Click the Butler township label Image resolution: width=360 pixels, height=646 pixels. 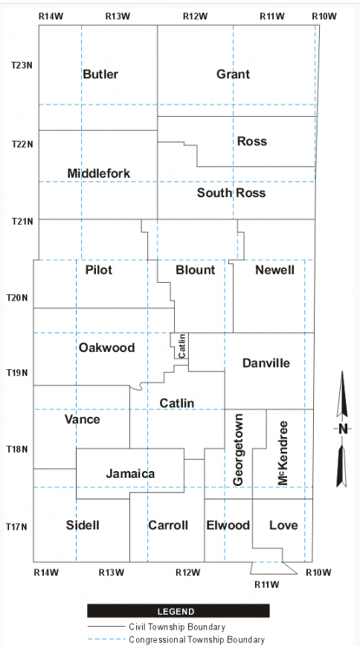[x=100, y=74]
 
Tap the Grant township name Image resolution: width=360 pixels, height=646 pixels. [x=233, y=74]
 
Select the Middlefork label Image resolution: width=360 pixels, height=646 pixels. [x=99, y=173]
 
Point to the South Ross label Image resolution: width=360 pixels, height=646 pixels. [x=231, y=193]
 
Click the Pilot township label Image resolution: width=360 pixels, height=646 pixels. [x=99, y=270]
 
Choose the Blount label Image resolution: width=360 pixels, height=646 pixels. [x=195, y=270]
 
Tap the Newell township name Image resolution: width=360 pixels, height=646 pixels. [x=274, y=270]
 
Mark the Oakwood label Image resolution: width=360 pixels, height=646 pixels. [x=106, y=348]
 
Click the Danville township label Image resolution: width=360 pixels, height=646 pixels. [x=266, y=363]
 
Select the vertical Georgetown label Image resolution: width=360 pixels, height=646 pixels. [x=239, y=449]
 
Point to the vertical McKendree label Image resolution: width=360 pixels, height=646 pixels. [x=283, y=452]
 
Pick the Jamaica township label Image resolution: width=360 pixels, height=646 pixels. [x=130, y=474]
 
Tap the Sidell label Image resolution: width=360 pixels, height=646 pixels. [x=83, y=525]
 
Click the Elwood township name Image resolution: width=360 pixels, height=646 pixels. [x=228, y=525]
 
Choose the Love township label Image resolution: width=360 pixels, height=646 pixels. [x=283, y=525]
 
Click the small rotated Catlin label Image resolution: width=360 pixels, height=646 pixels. [x=182, y=345]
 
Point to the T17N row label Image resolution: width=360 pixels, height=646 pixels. [x=17, y=526]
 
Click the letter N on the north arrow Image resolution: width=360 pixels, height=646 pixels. [x=343, y=429]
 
